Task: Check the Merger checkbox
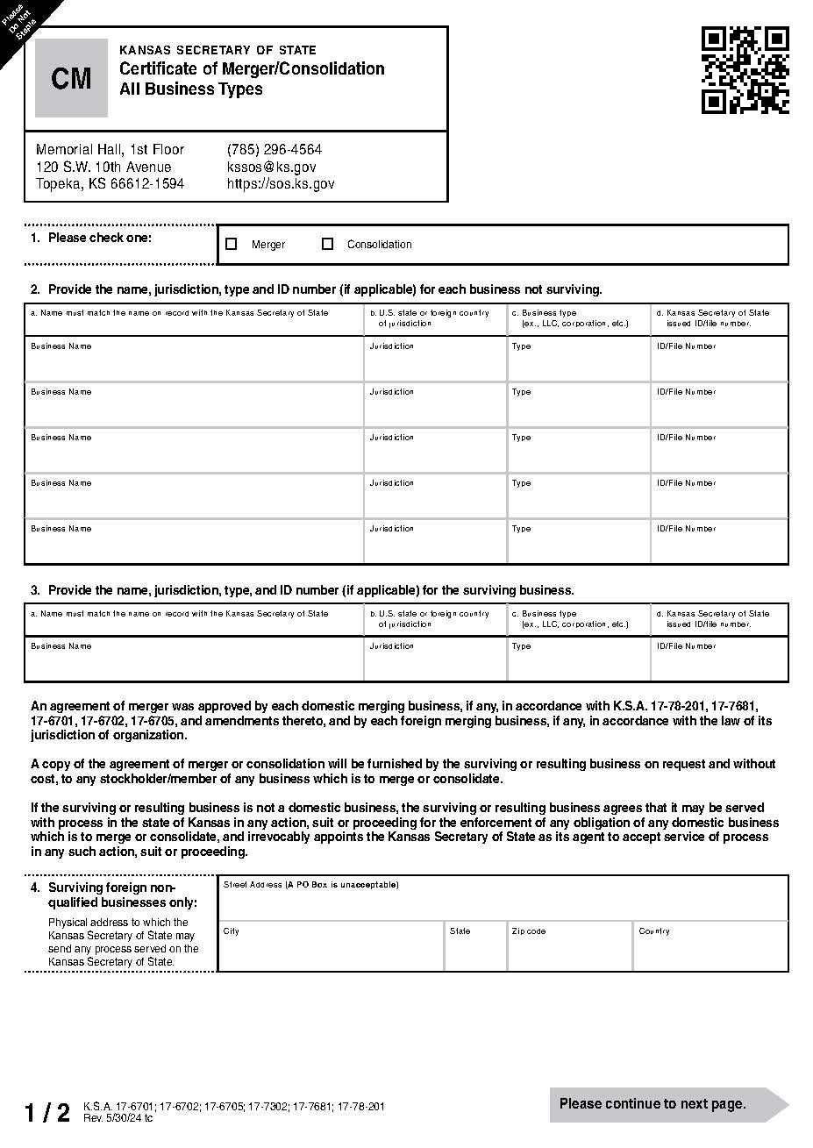[232, 245]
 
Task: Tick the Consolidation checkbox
[327, 245]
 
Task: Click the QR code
[745, 70]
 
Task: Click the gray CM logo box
[71, 78]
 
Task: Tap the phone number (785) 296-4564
[274, 150]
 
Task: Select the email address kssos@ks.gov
[271, 167]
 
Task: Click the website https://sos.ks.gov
[280, 184]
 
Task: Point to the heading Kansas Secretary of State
[218, 50]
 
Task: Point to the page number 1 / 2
[47, 1113]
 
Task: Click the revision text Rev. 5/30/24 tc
[118, 1118]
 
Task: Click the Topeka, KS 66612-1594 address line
[110, 184]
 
